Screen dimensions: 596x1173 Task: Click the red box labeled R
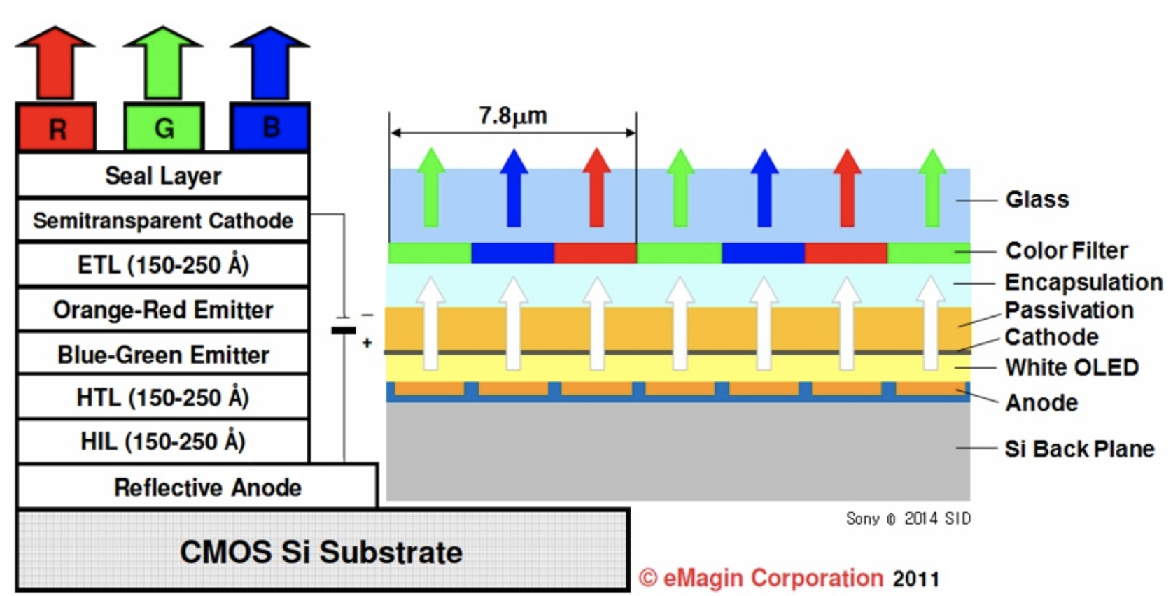tap(57, 127)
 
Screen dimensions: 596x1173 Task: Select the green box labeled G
tap(164, 127)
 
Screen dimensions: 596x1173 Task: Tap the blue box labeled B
tap(270, 127)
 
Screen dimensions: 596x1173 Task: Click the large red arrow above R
tap(55, 63)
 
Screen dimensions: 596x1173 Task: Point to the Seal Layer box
tap(162, 176)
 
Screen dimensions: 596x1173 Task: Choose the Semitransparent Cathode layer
tap(162, 220)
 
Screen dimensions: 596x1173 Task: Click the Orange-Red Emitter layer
tap(162, 309)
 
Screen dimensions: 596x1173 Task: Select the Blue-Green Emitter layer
tap(162, 354)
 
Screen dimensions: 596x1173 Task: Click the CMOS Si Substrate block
tap(322, 551)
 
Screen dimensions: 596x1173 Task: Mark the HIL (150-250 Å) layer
tap(162, 441)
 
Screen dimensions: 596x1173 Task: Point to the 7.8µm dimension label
tap(512, 115)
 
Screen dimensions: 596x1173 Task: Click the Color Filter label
tap(1067, 250)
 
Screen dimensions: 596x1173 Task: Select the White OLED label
tap(1072, 367)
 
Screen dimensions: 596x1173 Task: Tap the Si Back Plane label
tap(1079, 448)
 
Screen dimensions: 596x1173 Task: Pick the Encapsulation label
tap(1083, 282)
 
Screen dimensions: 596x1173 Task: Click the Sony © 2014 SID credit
tap(908, 518)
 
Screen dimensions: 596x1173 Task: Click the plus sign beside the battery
tap(367, 343)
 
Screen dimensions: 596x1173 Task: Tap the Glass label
tap(1037, 199)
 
